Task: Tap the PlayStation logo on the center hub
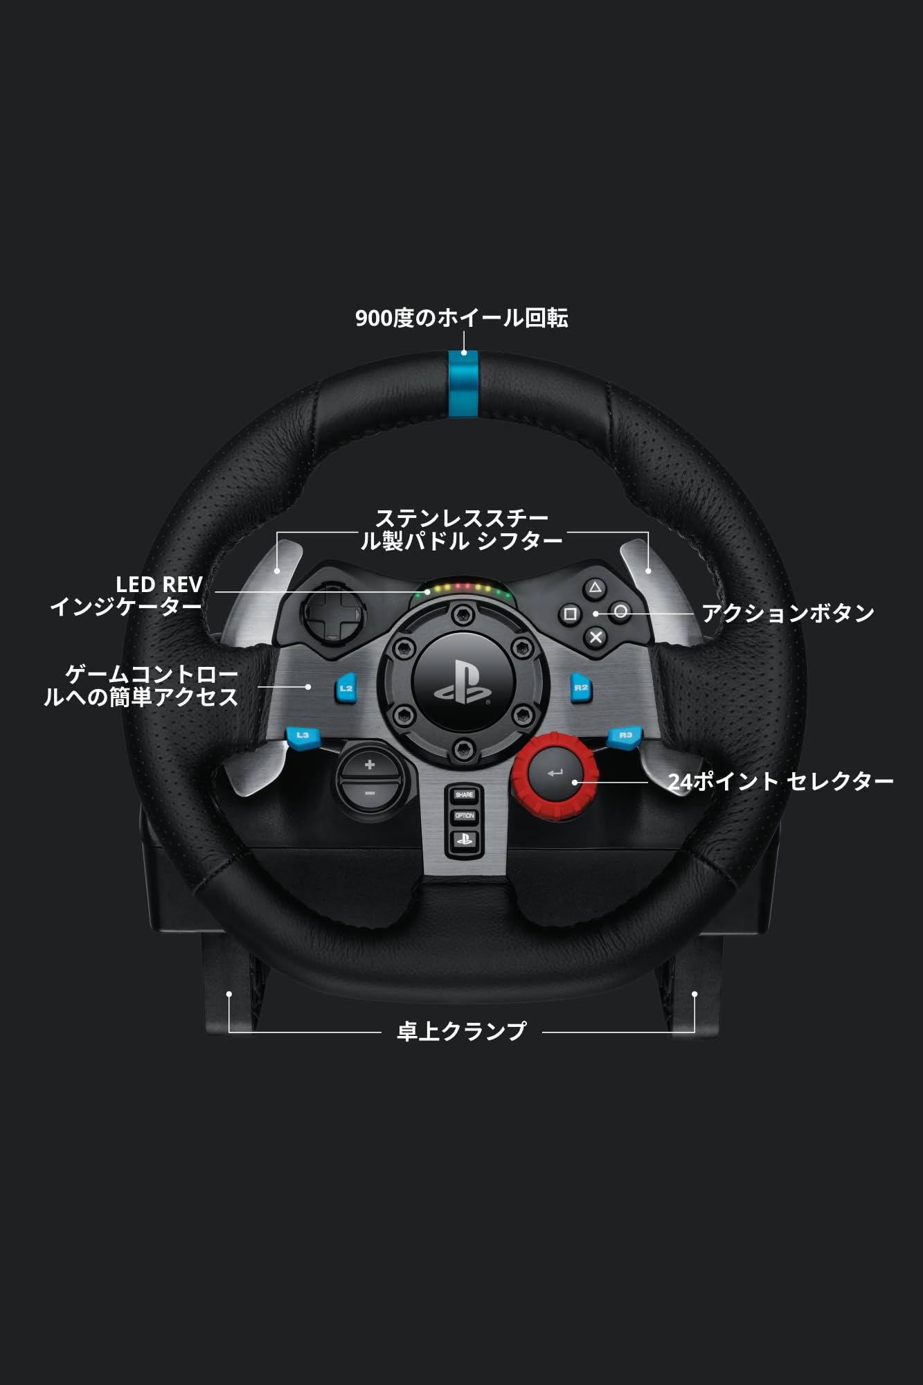click(463, 682)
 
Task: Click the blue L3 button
click(303, 736)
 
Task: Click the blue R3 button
click(625, 736)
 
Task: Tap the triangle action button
click(595, 589)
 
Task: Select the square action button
click(570, 614)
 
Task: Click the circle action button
click(620, 611)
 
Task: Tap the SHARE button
click(464, 795)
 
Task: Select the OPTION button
click(464, 816)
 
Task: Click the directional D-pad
click(333, 613)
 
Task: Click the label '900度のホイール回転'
click(461, 318)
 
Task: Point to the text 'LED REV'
click(159, 584)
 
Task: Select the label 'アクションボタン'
click(787, 613)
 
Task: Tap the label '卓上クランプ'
click(461, 1031)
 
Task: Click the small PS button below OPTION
click(464, 840)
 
